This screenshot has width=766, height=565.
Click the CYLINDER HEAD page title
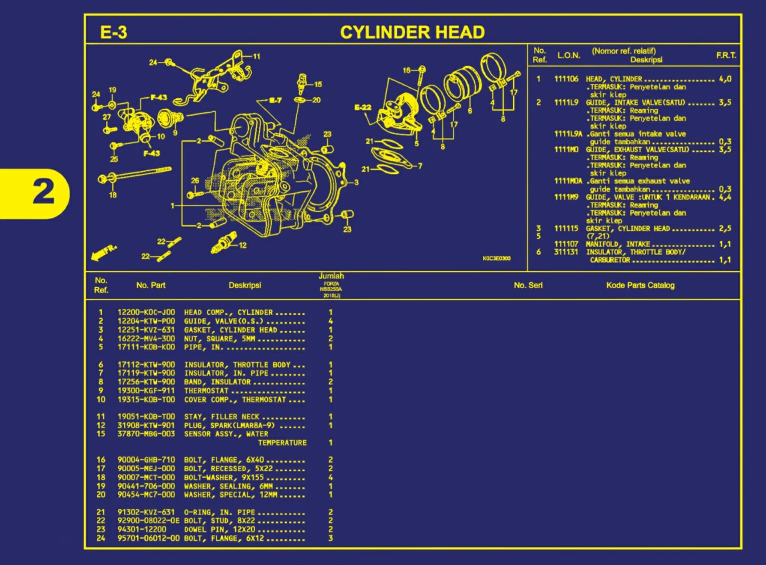[412, 33]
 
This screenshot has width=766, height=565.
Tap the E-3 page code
[114, 33]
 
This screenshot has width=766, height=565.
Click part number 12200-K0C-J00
[146, 312]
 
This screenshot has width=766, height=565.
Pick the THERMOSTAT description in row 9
[206, 391]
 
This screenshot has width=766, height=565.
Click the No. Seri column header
[528, 285]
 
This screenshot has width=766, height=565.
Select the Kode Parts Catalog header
[640, 285]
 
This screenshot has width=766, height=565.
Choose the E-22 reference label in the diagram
[362, 107]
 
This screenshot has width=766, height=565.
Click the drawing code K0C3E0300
[496, 259]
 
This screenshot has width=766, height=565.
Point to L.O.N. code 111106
[566, 79]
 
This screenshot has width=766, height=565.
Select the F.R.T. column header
[726, 55]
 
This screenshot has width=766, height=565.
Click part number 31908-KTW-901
[146, 426]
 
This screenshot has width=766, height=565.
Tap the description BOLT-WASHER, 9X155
[224, 478]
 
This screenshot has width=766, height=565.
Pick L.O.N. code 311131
[566, 252]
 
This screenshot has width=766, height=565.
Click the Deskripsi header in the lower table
[245, 285]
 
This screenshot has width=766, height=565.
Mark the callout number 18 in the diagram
[113, 195]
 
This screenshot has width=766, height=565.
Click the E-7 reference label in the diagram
[275, 100]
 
